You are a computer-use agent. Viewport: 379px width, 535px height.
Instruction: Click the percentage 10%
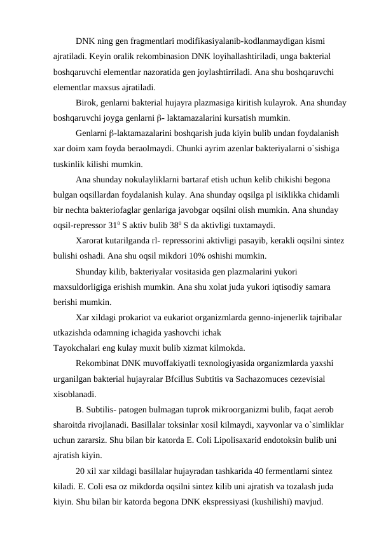click(x=185, y=256)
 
